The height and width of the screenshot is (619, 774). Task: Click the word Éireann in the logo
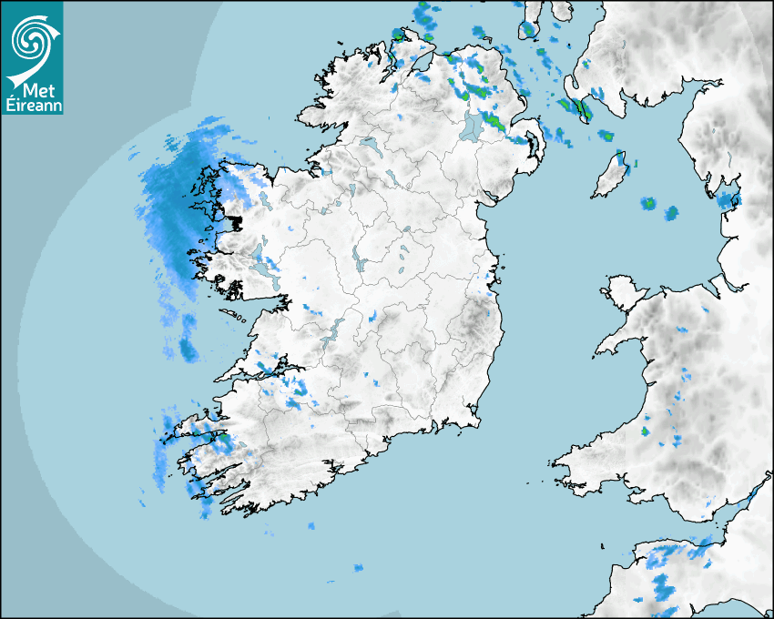(x=32, y=105)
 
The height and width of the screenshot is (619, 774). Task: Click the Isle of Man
(x=611, y=176)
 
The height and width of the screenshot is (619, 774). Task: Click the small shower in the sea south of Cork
(x=359, y=569)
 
